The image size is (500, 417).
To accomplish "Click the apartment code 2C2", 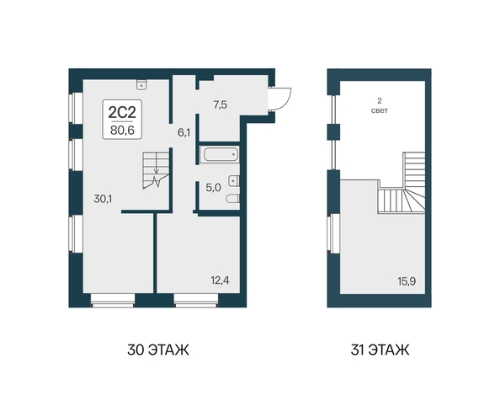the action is point(122,112).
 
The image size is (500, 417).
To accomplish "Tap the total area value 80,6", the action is point(122,131).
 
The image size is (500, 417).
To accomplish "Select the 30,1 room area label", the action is point(103,199).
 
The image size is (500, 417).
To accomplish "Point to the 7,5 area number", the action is point(220,104).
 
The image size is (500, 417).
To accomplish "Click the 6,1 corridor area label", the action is point(184,133).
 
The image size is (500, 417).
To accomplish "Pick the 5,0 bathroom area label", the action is point(213,188).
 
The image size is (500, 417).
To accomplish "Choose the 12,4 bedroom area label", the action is point(220,281).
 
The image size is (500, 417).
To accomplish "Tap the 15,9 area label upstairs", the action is point(407,281).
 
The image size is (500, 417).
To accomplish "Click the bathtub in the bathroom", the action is point(220,155).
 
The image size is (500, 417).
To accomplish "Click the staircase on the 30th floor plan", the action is point(156,170).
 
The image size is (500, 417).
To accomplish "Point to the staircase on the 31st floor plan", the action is point(402,183).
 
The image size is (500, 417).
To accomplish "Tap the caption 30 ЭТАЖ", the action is point(158,350).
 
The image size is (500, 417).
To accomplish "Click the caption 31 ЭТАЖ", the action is point(380,350).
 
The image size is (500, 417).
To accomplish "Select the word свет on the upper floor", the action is point(380,110).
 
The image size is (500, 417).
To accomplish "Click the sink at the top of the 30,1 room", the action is point(141,84).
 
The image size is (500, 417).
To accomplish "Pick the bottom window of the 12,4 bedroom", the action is point(196,301).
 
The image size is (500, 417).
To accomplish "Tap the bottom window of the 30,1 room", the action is point(113,301).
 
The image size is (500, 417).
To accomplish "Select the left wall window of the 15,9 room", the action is point(333,233).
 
